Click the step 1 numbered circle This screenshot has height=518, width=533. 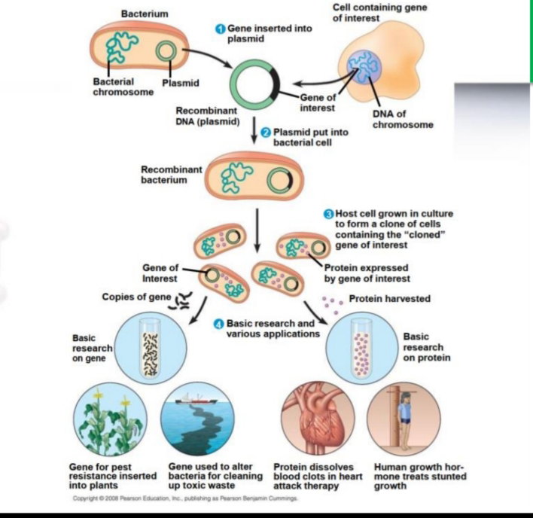click(x=221, y=29)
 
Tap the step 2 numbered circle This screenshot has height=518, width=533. click(x=266, y=133)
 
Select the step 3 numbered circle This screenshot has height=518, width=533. click(x=328, y=214)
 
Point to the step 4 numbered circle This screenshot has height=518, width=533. click(x=218, y=324)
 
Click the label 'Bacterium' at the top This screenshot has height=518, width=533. click(x=145, y=14)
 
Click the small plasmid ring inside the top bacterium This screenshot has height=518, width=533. click(x=166, y=51)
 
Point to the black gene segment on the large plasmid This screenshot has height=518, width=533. click(x=274, y=84)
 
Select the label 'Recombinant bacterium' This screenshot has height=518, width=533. click(x=172, y=175)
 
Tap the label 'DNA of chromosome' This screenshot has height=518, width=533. click(x=403, y=119)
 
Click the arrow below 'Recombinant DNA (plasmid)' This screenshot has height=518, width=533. click(x=254, y=130)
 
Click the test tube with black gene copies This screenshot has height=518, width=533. click(x=151, y=349)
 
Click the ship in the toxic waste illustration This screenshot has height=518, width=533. click(x=196, y=399)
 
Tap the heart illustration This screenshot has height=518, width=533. click(x=318, y=419)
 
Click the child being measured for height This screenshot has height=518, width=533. click(x=405, y=421)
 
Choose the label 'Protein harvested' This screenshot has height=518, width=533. click(x=390, y=299)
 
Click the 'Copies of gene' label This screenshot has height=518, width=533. click(x=137, y=297)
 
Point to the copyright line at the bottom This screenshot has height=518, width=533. click(x=185, y=498)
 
